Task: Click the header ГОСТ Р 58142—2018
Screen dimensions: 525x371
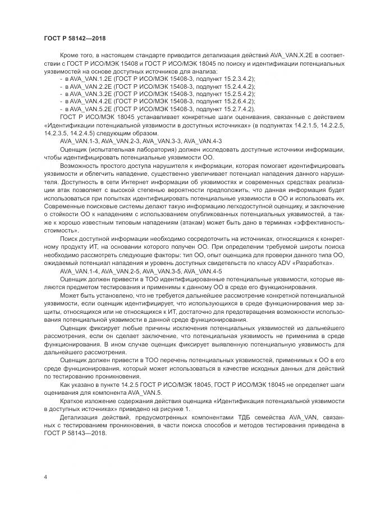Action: [74, 38]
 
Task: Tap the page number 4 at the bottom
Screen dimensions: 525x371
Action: [45, 477]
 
